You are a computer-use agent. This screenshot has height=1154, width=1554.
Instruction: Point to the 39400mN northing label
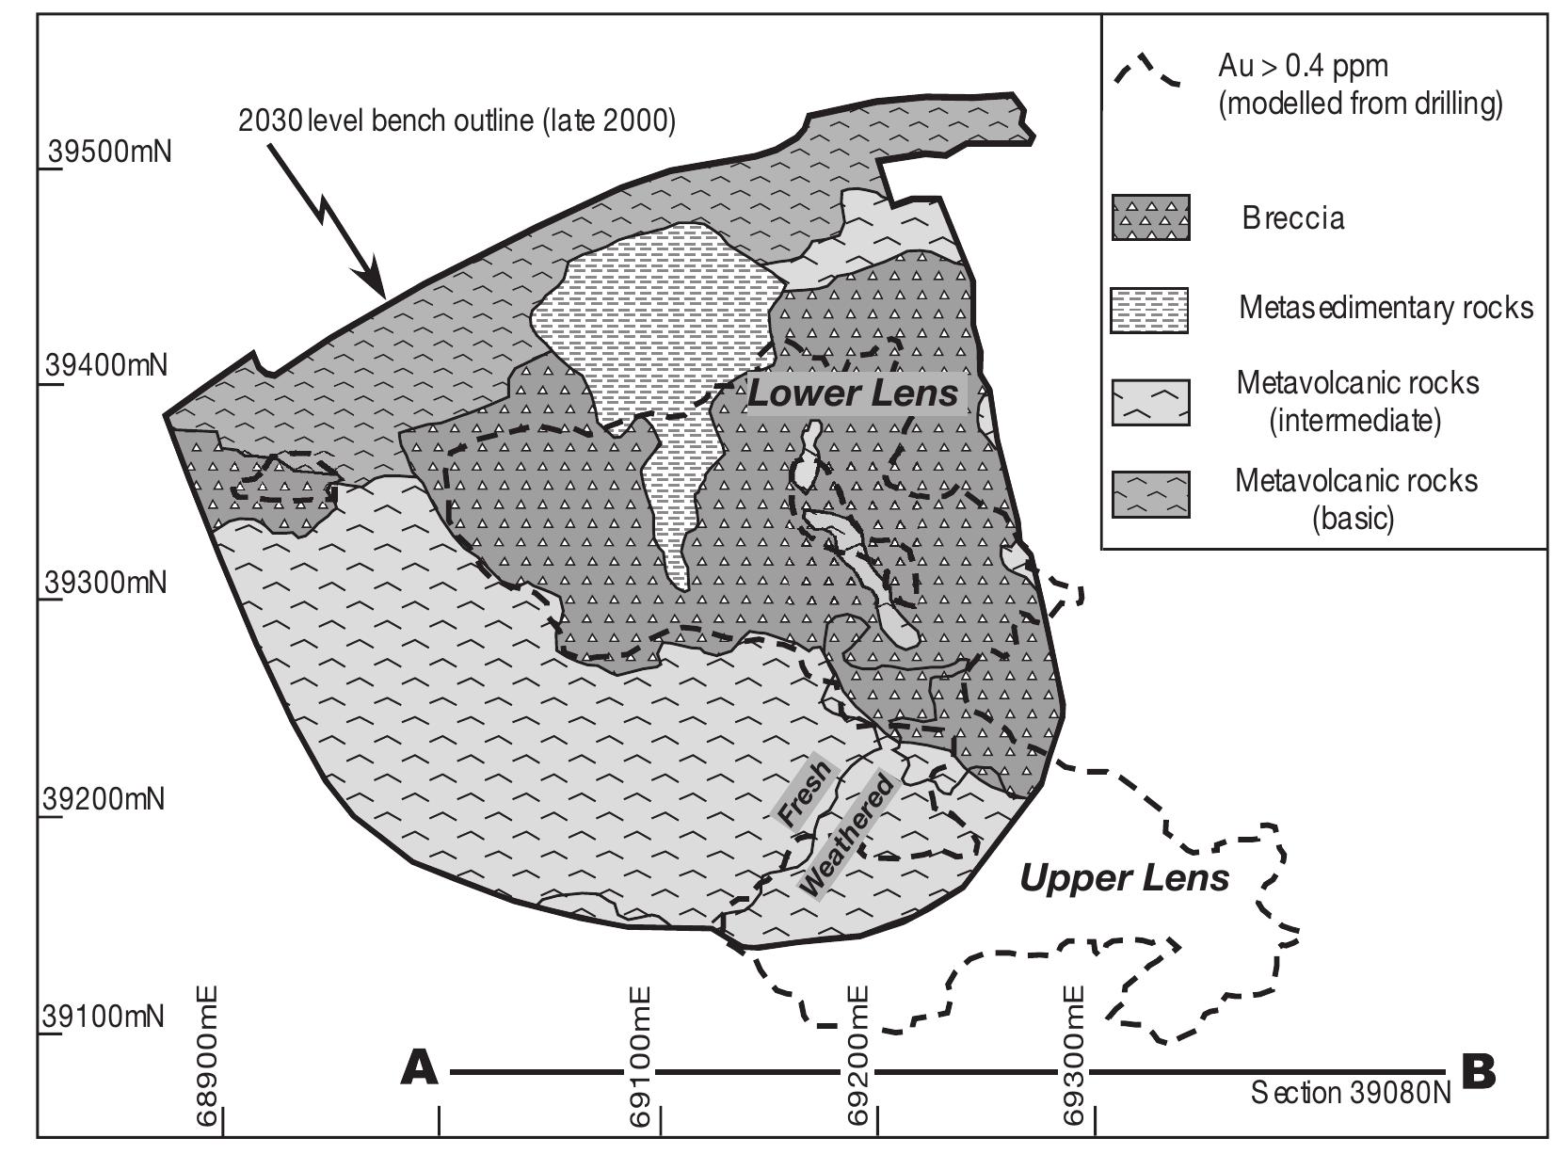point(106,364)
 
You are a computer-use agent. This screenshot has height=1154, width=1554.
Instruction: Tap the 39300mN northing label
point(106,583)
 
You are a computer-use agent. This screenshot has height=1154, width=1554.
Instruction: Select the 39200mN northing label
point(105,799)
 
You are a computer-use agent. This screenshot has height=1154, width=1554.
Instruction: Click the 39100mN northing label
point(105,1017)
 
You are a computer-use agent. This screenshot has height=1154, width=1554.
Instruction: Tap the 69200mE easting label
point(859,1055)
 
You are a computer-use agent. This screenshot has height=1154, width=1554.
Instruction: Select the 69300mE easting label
point(1076,1055)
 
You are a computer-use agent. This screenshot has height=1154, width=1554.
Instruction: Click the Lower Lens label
point(853,393)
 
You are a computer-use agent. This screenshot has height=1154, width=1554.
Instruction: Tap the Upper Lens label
point(1125,878)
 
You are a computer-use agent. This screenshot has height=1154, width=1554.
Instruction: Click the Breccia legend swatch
point(1150,218)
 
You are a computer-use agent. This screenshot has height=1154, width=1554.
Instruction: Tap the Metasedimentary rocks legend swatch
point(1150,310)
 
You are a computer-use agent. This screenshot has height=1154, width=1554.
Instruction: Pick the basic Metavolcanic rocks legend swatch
point(1150,494)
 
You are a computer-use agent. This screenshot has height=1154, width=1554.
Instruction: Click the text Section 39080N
point(1351,1093)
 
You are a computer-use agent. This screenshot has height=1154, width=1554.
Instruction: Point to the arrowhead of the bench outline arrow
point(378,288)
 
